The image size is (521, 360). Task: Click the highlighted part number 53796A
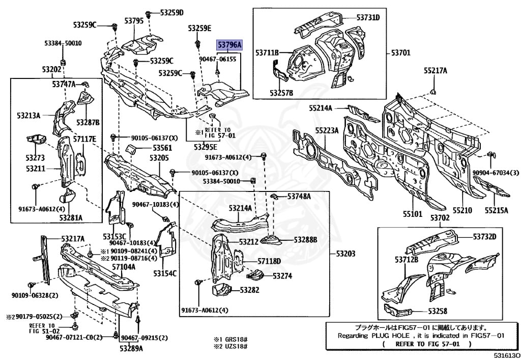coord(229,45)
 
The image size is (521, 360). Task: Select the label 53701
coord(402,52)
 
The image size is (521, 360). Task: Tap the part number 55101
coord(412,214)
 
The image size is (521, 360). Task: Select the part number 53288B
coord(305,239)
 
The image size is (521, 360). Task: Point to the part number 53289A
coord(131,348)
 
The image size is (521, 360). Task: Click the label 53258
coord(438,311)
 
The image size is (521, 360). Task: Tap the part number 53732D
coord(484,237)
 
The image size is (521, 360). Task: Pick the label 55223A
coord(327,130)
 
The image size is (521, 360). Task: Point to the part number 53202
coord(51,69)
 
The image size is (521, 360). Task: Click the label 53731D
coord(368,17)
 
